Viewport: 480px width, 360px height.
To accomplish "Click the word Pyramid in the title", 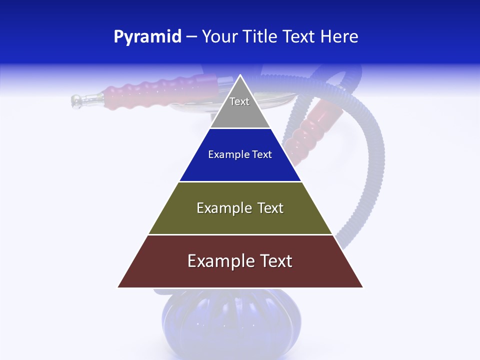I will [x=147, y=37].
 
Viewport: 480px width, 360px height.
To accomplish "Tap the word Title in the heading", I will [x=262, y=37].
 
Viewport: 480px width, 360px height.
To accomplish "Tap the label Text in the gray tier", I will [x=239, y=101].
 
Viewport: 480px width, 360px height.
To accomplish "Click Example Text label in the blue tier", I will [x=240, y=154].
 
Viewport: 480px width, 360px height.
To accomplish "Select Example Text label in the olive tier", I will [x=240, y=208].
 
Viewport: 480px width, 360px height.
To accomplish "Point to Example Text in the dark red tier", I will [x=240, y=261].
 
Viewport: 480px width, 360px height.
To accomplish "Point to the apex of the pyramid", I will [x=240, y=76].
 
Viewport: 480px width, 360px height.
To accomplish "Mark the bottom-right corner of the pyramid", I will [x=362, y=287].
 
